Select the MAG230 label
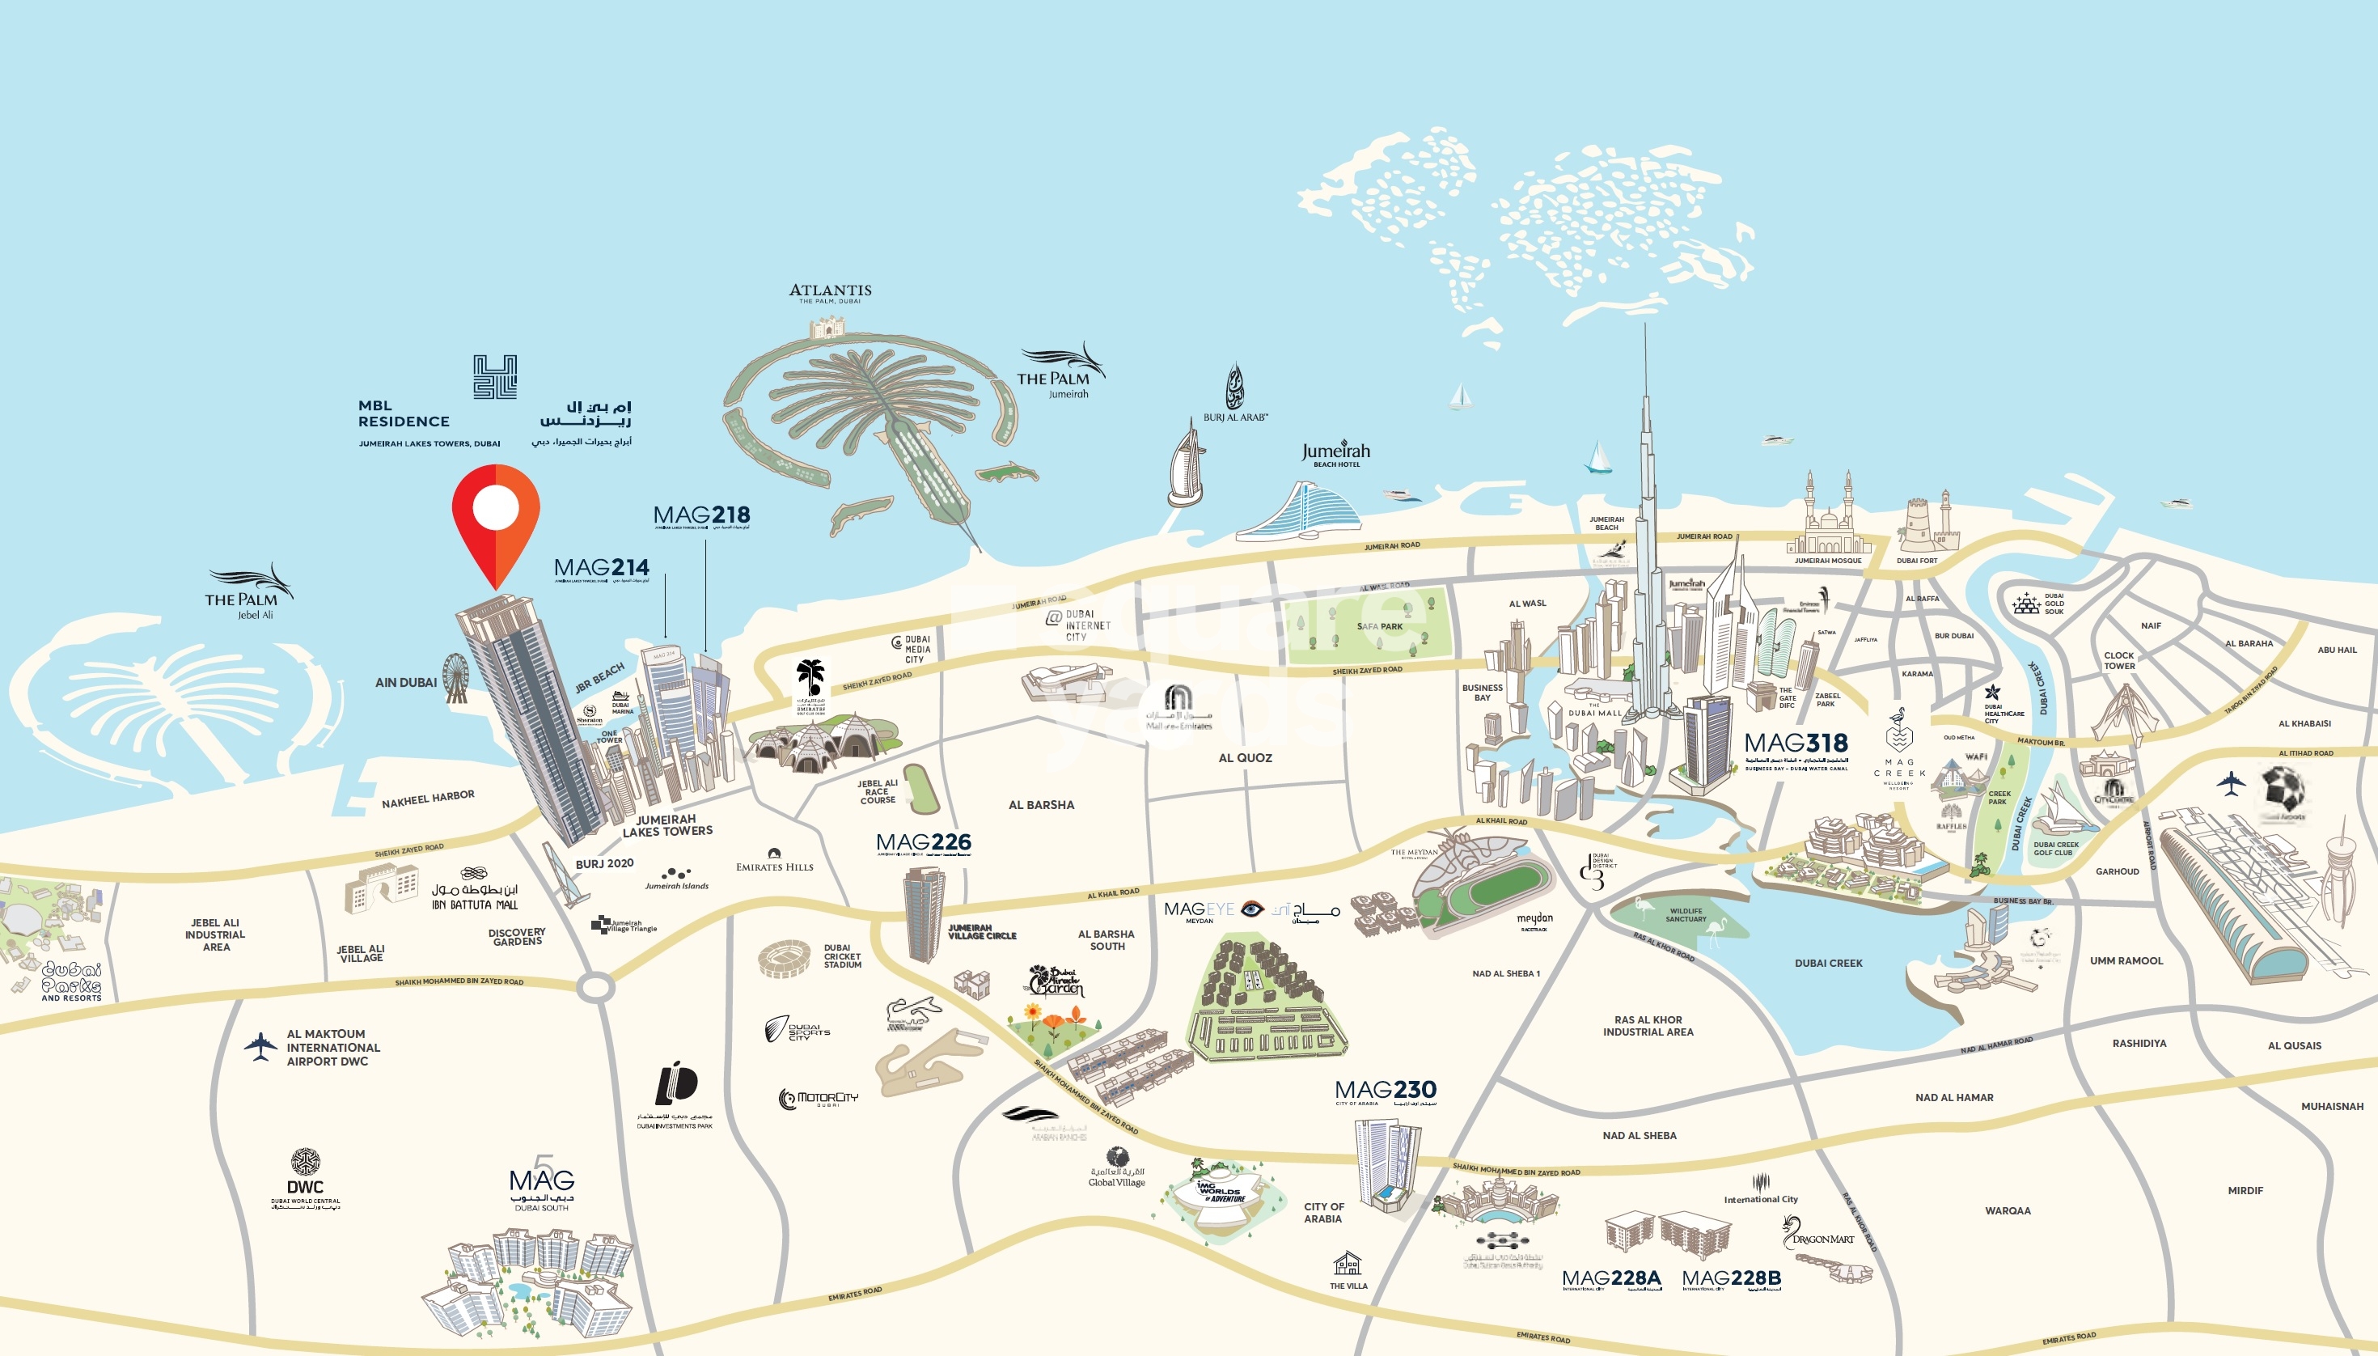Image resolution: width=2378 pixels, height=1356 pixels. pos(1386,1090)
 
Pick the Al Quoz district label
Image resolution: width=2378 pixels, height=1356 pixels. pos(1245,758)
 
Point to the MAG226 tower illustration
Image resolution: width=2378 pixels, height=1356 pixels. pos(924,913)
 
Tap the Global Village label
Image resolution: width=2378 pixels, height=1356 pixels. pos(1116,1182)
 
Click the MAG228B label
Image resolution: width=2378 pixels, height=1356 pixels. pos(1731,1278)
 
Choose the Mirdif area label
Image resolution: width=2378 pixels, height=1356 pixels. pos(2245,1190)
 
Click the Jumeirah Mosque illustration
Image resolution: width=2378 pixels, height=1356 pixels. pos(1828,522)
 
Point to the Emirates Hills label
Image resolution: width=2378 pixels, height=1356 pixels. pos(774,867)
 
